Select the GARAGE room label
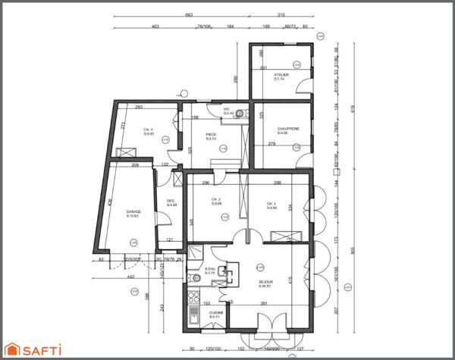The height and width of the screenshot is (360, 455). [133, 213]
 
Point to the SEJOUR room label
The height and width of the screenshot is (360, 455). [265, 282]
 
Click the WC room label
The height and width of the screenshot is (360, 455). [226, 110]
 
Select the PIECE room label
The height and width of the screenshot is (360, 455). [211, 135]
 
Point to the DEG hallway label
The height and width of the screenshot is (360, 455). [171, 201]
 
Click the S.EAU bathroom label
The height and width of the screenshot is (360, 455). [210, 269]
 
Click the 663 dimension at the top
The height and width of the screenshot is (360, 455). [189, 14]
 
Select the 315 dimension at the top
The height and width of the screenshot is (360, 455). [281, 14]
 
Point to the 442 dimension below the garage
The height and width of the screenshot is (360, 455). [130, 277]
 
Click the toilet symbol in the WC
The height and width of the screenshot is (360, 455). [241, 113]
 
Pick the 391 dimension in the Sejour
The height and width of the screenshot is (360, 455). [265, 304]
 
